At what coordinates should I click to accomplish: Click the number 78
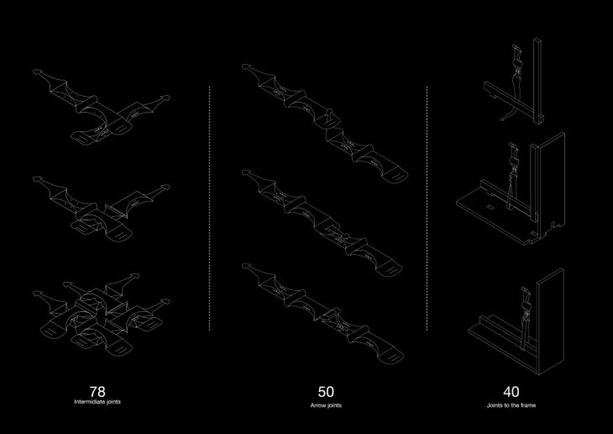click(97, 391)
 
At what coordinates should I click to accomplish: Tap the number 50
click(326, 391)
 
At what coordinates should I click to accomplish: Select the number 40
click(511, 391)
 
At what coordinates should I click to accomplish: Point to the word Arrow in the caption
click(317, 405)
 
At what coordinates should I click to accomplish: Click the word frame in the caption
click(529, 405)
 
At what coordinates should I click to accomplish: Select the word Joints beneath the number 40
click(495, 405)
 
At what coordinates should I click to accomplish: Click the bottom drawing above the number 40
click(511, 320)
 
